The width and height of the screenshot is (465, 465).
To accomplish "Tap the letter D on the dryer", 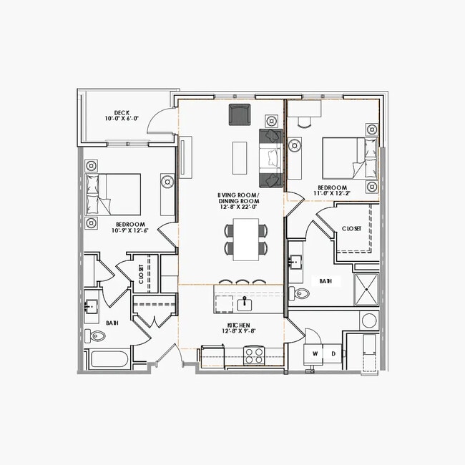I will [333, 353].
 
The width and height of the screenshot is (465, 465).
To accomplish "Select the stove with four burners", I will [254, 355].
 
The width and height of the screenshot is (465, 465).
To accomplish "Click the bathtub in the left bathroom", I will [108, 359].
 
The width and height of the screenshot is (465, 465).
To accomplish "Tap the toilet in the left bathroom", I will [94, 336].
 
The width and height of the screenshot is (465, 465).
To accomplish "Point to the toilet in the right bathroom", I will [300, 293].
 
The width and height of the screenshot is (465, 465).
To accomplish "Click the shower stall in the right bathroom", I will [366, 289].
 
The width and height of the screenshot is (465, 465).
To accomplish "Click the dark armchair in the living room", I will [239, 114].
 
